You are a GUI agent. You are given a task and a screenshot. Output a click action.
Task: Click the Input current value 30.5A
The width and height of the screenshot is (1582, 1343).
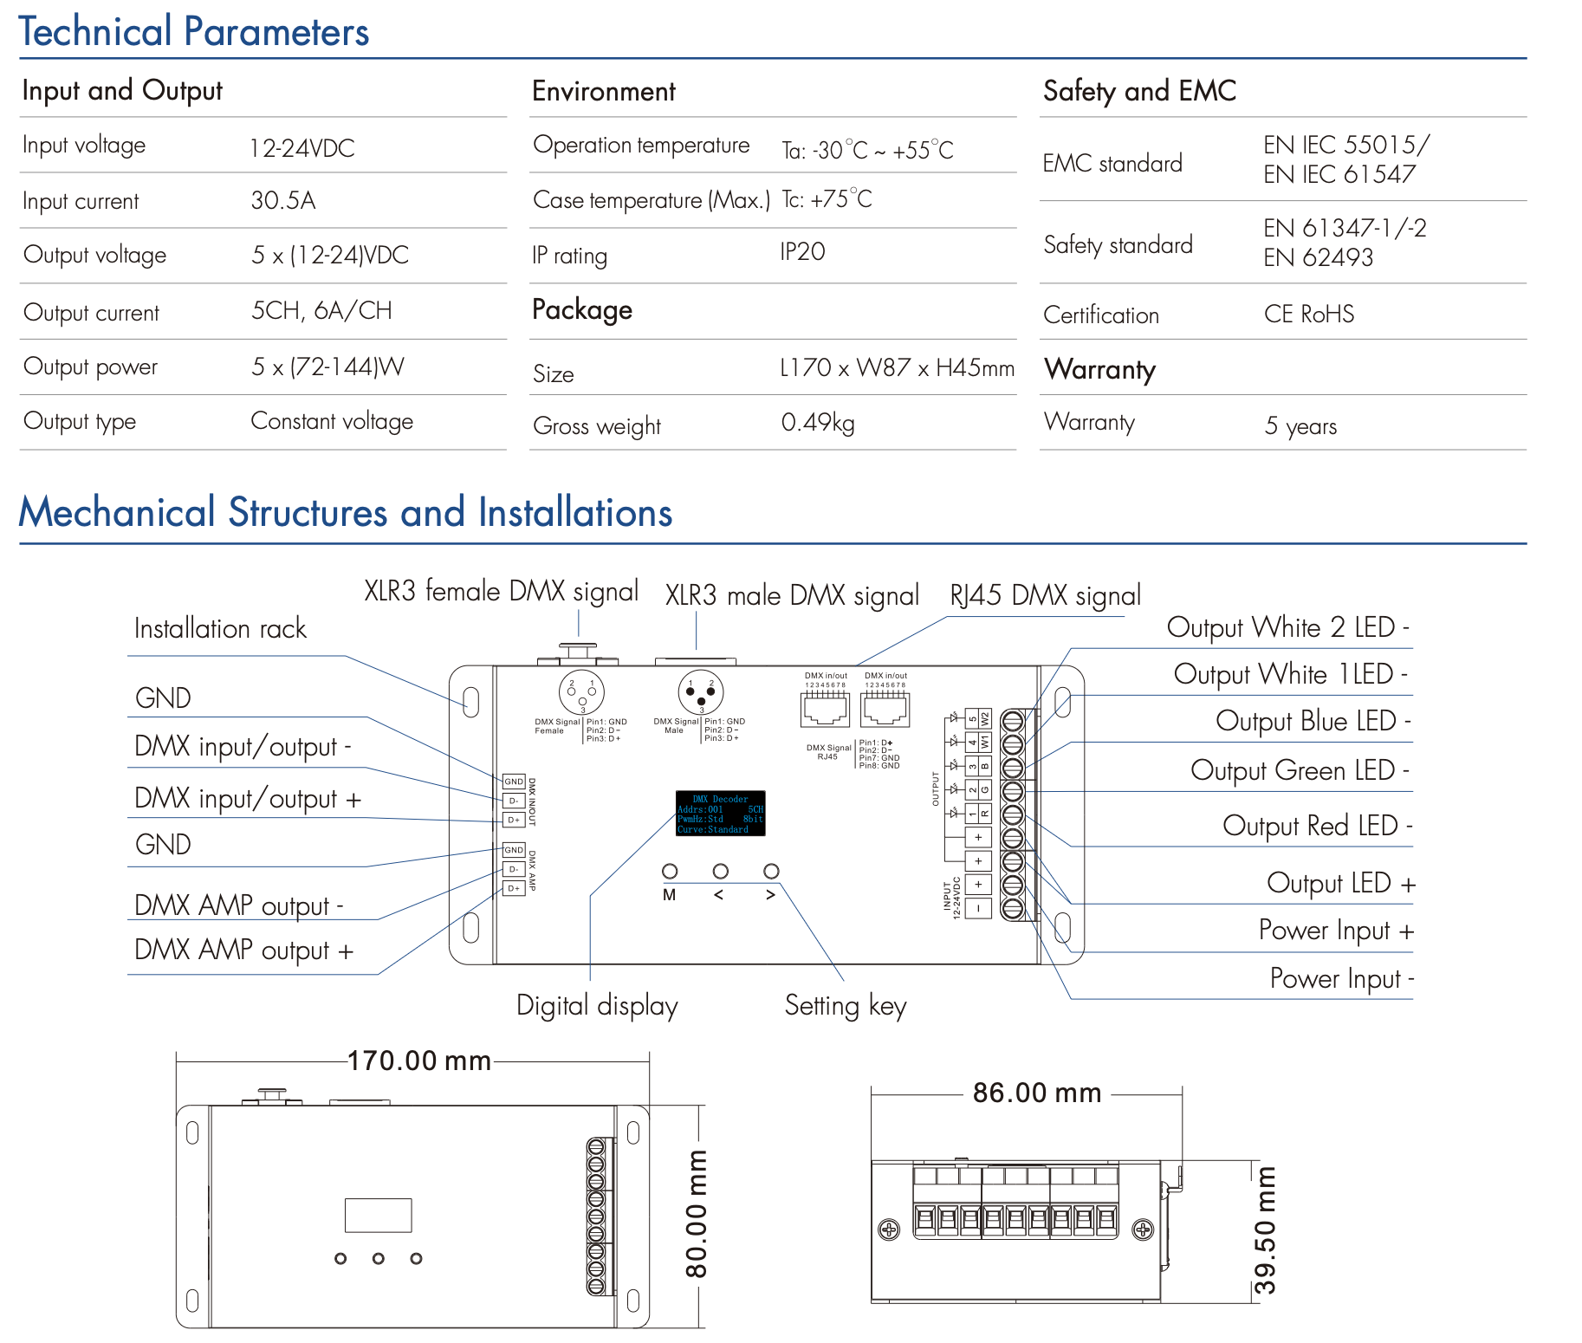pyautogui.click(x=282, y=201)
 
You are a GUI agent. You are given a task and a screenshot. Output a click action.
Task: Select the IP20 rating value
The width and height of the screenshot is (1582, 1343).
pyautogui.click(x=802, y=252)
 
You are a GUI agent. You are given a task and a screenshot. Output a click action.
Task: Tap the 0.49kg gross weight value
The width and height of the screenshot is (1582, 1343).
pyautogui.click(x=817, y=423)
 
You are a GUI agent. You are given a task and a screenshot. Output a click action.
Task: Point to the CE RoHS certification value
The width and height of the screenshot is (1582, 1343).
pyautogui.click(x=1308, y=314)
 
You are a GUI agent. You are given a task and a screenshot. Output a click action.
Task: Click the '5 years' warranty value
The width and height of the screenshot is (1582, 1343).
pyautogui.click(x=1300, y=425)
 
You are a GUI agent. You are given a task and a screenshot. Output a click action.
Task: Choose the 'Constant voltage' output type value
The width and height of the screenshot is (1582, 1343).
pyautogui.click(x=332, y=421)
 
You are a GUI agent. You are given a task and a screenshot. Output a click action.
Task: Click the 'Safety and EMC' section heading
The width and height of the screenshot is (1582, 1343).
pyautogui.click(x=1139, y=91)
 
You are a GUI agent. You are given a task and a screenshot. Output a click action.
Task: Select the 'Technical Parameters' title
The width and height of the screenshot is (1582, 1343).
pyautogui.click(x=194, y=32)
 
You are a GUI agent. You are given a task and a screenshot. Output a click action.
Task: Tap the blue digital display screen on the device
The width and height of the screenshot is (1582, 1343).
pyautogui.click(x=720, y=813)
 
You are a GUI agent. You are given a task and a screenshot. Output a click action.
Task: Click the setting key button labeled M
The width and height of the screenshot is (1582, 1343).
pyautogui.click(x=670, y=871)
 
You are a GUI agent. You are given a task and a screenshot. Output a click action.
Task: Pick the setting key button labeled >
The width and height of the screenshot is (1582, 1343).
pyautogui.click(x=771, y=871)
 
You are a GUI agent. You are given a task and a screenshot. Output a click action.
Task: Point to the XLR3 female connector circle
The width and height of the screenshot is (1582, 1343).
pyautogui.click(x=581, y=692)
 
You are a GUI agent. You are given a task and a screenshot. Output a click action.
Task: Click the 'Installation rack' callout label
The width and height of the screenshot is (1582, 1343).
pyautogui.click(x=220, y=628)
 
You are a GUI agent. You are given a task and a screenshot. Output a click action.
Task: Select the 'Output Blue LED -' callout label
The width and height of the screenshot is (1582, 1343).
pyautogui.click(x=1313, y=721)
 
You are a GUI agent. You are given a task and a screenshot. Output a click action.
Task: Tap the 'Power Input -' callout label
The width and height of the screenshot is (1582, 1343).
pyautogui.click(x=1341, y=978)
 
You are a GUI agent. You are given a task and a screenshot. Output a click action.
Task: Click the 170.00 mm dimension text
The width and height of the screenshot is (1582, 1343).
pyautogui.click(x=418, y=1061)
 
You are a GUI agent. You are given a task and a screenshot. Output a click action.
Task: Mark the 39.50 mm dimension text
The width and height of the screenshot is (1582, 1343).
pyautogui.click(x=1265, y=1230)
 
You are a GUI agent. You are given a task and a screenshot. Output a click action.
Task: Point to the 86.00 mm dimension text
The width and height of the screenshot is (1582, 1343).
pyautogui.click(x=1036, y=1093)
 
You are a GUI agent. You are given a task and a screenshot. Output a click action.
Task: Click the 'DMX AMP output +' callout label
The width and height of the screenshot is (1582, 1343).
pyautogui.click(x=243, y=950)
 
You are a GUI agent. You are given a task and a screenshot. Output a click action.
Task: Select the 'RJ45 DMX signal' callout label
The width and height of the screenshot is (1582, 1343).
pyautogui.click(x=1045, y=595)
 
